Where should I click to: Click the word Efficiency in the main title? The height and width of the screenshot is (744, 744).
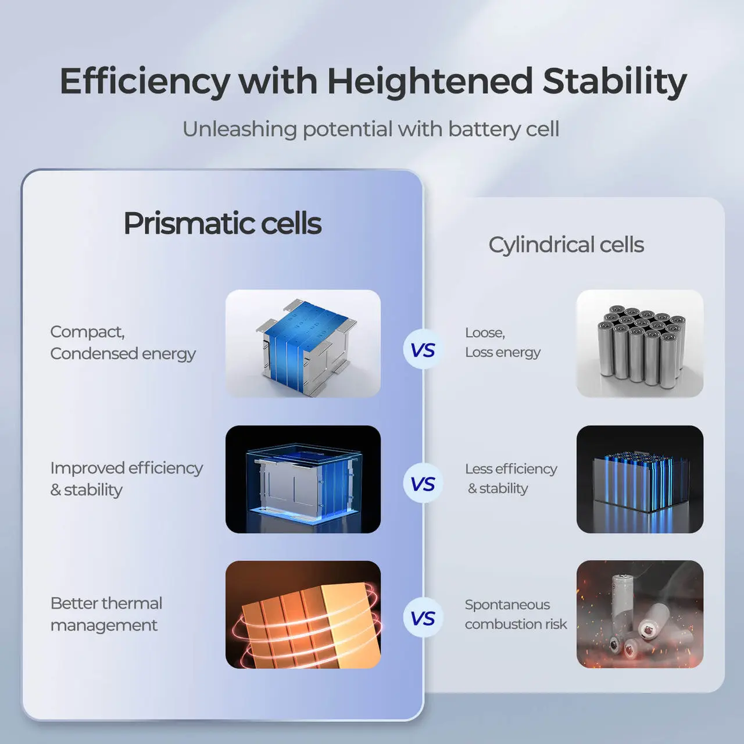point(145,81)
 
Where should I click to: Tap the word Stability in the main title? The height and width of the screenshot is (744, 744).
point(614,81)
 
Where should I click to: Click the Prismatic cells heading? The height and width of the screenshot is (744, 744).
point(222,224)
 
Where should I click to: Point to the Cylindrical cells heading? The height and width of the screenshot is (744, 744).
point(566,245)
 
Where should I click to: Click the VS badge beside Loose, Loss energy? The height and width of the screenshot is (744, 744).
point(423,350)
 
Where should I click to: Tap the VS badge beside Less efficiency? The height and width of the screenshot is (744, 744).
point(423,484)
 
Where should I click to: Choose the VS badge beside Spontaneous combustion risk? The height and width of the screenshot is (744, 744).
point(423,618)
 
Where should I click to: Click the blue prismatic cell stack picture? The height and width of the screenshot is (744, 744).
point(303,344)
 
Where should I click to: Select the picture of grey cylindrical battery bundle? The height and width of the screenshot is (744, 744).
point(639,344)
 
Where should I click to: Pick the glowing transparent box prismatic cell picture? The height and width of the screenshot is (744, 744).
point(303,479)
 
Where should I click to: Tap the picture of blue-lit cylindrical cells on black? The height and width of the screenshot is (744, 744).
point(639,479)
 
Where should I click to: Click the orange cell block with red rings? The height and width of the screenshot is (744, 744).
point(303,614)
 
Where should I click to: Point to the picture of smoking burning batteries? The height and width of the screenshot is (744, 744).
point(639,614)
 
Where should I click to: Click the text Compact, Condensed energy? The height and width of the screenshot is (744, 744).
point(123,342)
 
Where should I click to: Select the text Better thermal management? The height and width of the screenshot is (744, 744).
point(106,614)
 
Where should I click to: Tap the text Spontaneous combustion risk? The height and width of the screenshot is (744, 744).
point(516,614)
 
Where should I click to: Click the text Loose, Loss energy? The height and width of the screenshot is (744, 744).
point(503,342)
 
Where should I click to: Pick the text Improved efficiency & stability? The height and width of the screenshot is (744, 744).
point(126,478)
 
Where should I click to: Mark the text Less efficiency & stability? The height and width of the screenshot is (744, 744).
point(511,478)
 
